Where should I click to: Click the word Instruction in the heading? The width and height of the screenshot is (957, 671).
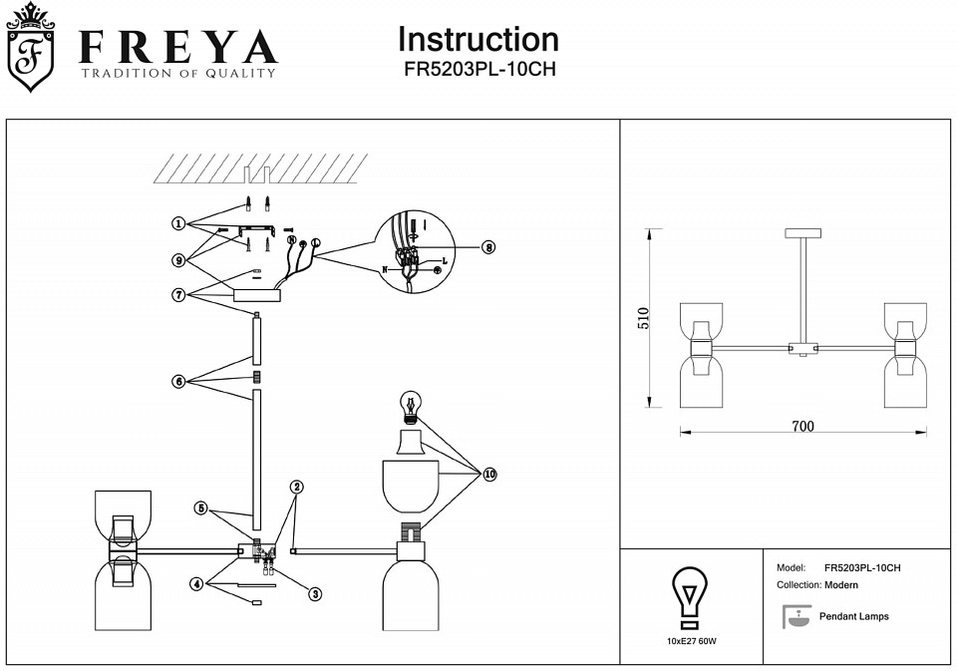click(478, 40)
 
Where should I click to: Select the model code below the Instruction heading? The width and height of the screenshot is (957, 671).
click(478, 71)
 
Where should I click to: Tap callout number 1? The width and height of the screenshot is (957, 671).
click(177, 223)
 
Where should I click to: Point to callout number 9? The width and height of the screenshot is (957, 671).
click(177, 260)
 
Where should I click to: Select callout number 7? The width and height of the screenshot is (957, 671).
click(177, 294)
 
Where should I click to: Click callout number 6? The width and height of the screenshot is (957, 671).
click(177, 381)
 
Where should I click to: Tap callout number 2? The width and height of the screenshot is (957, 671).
click(297, 487)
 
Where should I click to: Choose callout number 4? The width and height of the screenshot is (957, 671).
click(197, 584)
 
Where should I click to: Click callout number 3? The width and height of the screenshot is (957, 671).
click(315, 594)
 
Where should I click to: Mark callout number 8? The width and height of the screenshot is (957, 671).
click(487, 247)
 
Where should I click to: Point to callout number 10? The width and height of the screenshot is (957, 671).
click(489, 475)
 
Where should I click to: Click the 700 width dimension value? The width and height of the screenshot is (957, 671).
click(802, 427)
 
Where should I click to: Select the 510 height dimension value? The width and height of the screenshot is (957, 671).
click(644, 318)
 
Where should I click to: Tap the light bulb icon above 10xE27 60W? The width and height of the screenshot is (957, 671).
click(687, 595)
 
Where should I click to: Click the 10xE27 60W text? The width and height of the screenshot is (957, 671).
click(687, 640)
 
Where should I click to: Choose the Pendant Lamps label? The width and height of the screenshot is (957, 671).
click(853, 617)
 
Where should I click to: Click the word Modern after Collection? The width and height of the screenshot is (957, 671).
click(841, 585)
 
